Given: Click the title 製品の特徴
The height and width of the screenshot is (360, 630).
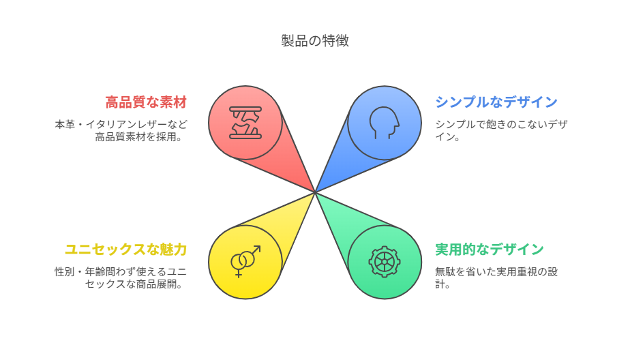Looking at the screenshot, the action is pyautogui.click(x=314, y=41).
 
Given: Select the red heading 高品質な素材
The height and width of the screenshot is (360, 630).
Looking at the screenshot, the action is pyautogui.click(x=146, y=102).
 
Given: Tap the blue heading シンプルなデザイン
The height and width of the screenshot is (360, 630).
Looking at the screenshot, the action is pyautogui.click(x=496, y=102).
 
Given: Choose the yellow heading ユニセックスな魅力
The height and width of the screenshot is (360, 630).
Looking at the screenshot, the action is pyautogui.click(x=125, y=250).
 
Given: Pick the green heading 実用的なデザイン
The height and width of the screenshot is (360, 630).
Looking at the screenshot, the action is pyautogui.click(x=490, y=250).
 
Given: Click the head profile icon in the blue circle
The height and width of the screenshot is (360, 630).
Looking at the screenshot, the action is pyautogui.click(x=385, y=123).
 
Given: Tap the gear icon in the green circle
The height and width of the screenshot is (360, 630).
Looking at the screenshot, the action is pyautogui.click(x=385, y=262).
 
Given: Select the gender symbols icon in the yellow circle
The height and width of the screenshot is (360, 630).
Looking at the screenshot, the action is pyautogui.click(x=245, y=262).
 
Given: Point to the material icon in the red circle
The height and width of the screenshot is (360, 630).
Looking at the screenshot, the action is pyautogui.click(x=245, y=123).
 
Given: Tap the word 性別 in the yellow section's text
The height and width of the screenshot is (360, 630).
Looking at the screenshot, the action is pyautogui.click(x=65, y=272).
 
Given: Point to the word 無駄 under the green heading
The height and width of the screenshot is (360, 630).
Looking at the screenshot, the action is pyautogui.click(x=445, y=272).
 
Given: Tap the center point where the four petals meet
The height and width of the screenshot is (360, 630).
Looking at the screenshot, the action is pyautogui.click(x=315, y=192).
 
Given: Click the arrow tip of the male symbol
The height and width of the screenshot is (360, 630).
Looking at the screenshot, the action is pyautogui.click(x=260, y=246).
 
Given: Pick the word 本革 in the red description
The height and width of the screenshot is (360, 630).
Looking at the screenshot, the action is pyautogui.click(x=65, y=125).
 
